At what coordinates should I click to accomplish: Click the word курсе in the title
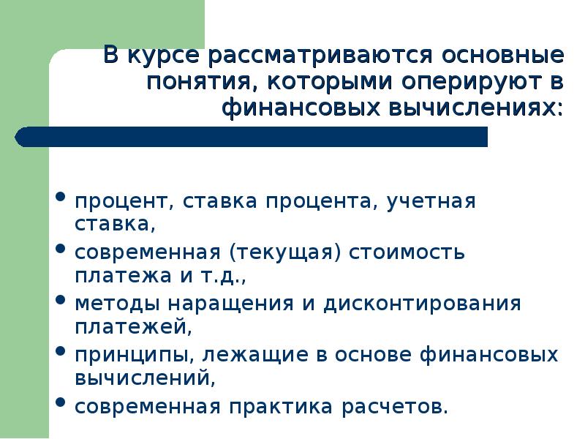pos(169,56)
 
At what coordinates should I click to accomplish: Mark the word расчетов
pos(401,406)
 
